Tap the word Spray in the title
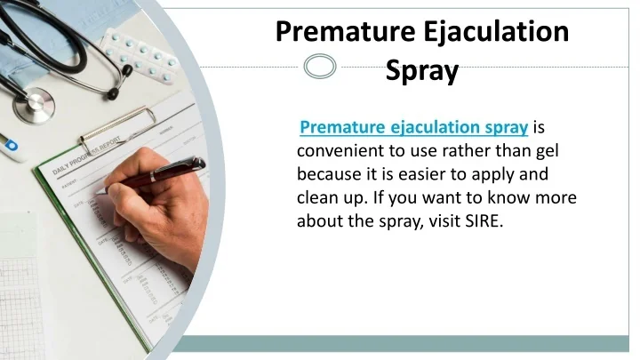422,70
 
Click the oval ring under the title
320,66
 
